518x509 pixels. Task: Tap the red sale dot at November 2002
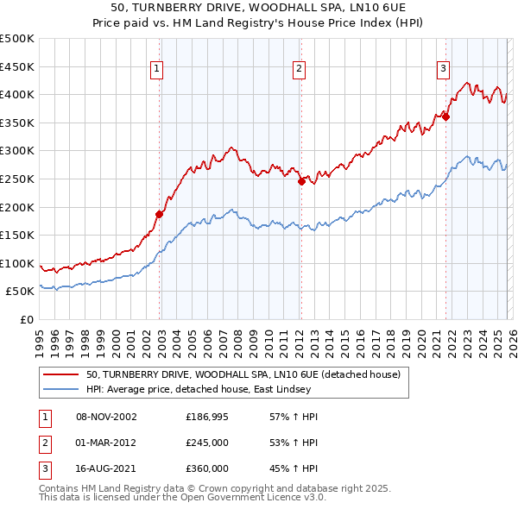pyautogui.click(x=160, y=214)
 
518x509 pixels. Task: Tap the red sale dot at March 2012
pyautogui.click(x=301, y=181)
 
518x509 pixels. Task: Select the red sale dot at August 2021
pyautogui.click(x=446, y=117)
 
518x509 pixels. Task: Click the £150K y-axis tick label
pyautogui.click(x=17, y=235)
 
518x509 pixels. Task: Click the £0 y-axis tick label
pyautogui.click(x=27, y=319)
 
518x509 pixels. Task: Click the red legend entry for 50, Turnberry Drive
pyautogui.click(x=243, y=375)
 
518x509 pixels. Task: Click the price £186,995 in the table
pyautogui.click(x=207, y=417)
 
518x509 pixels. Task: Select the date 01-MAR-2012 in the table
pyautogui.click(x=106, y=443)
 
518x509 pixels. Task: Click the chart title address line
pyautogui.click(x=259, y=6)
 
